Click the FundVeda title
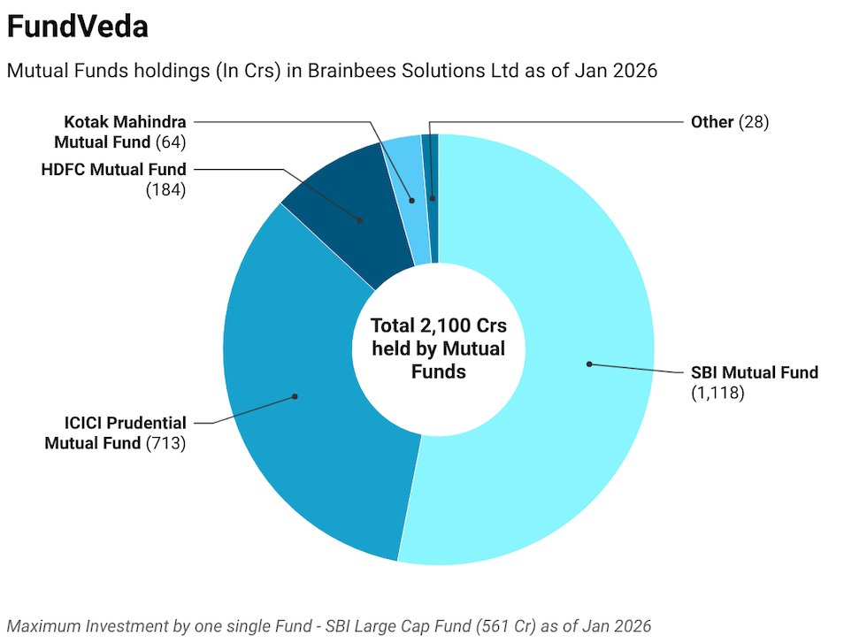(77, 27)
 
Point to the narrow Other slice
(430, 168)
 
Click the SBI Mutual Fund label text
(754, 372)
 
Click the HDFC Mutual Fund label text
(113, 169)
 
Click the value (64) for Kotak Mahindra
(170, 142)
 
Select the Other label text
(711, 122)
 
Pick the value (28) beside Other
(754, 122)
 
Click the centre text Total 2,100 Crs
(438, 325)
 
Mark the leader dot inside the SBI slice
(588, 364)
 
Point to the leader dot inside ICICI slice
(295, 396)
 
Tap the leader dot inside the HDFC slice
(361, 220)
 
